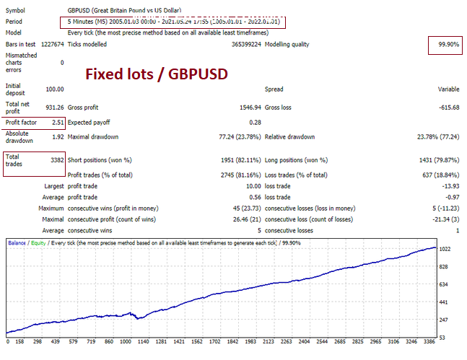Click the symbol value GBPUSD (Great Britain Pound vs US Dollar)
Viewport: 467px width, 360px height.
tap(124, 12)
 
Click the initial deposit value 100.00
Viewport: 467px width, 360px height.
tap(53, 89)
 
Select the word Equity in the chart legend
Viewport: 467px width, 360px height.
tap(39, 243)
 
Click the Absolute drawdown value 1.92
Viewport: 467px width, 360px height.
tap(57, 136)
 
